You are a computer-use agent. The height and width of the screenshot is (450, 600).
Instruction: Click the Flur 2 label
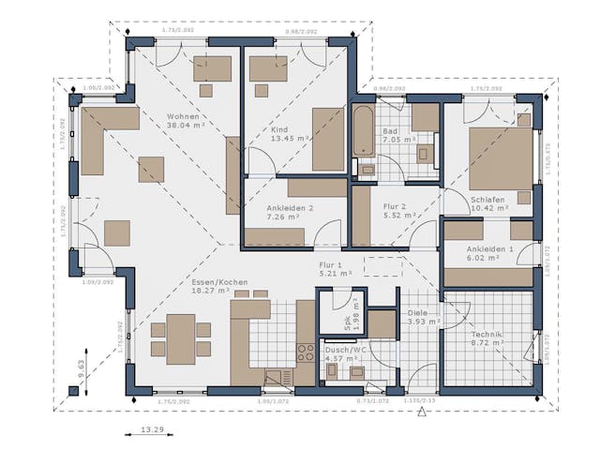pos(395,207)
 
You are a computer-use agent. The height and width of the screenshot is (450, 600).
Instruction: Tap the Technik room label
pos(487,335)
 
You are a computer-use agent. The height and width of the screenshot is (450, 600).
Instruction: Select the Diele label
pos(417,313)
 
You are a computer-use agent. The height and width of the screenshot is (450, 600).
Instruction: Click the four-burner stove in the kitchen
pos(306,353)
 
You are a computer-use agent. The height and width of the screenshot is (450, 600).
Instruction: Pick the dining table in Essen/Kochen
pos(182,338)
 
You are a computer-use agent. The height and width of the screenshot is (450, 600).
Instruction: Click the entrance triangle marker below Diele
pos(422,410)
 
